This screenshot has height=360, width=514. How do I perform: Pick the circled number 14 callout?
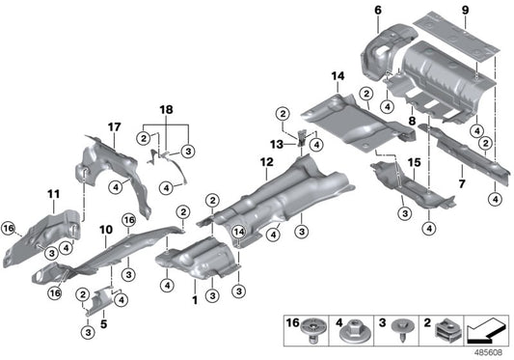click(x=236, y=230)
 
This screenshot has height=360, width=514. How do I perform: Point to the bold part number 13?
click(x=277, y=144)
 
